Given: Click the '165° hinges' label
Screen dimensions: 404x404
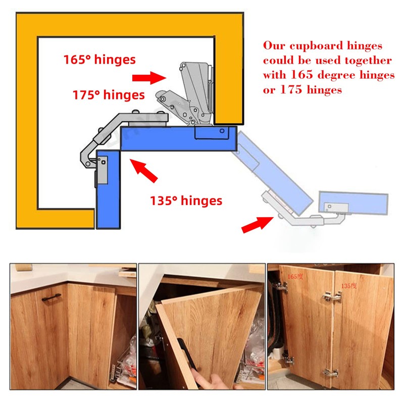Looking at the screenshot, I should pos(99,60).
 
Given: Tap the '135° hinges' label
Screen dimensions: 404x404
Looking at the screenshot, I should pos(186,200).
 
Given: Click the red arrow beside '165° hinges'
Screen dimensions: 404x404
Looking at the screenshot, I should pos(148,77).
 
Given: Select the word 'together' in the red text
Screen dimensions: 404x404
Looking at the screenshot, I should pos(366,61).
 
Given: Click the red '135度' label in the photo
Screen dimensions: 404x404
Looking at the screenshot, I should pos(348,285).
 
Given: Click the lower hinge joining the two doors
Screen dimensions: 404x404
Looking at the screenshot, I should pos(331,373).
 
